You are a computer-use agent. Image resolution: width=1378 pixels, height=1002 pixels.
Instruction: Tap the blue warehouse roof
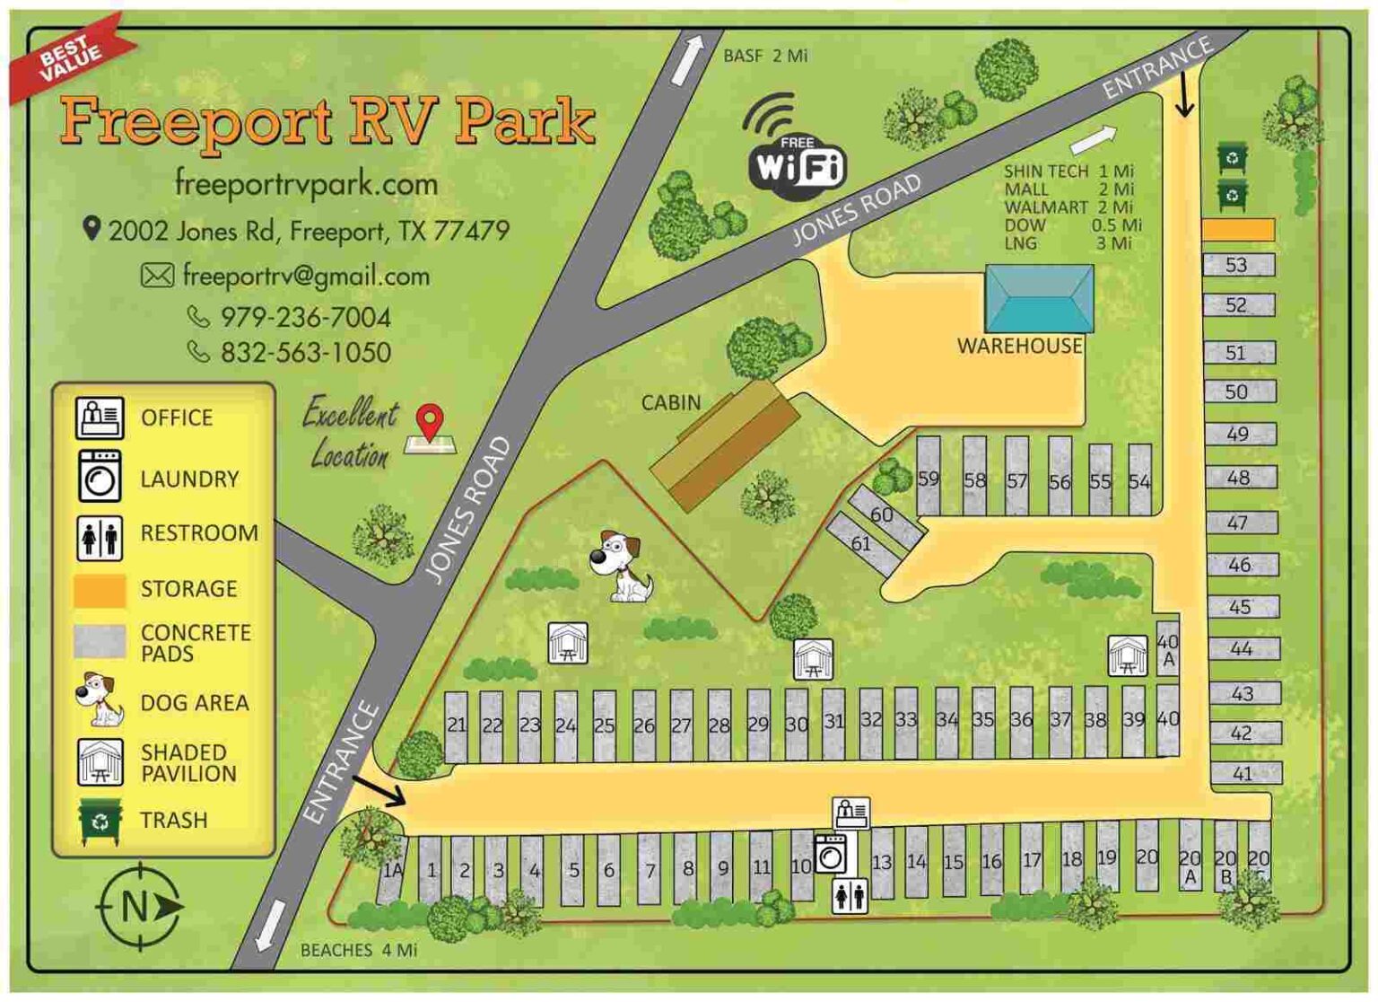click(x=1039, y=298)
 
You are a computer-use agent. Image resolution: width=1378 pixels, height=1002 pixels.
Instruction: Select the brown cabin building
click(x=725, y=445)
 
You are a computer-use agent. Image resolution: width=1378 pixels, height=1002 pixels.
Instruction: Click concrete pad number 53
click(x=1238, y=265)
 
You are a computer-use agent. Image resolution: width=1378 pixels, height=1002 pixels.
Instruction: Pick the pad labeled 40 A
click(x=1167, y=649)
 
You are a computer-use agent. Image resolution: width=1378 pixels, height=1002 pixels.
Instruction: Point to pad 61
click(x=862, y=544)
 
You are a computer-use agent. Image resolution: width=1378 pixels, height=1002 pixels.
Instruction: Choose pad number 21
click(x=457, y=725)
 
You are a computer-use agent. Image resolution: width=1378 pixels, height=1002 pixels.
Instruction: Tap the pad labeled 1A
click(x=392, y=869)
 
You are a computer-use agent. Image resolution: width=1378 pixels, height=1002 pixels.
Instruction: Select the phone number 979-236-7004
click(x=305, y=317)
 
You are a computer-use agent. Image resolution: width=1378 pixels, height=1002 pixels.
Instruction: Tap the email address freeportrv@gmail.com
click(x=305, y=276)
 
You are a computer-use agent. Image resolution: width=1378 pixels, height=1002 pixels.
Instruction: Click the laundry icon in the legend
click(x=99, y=476)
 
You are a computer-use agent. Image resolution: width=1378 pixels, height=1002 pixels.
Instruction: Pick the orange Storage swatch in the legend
click(x=99, y=590)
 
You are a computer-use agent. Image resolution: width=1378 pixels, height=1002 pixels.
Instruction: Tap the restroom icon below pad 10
click(x=849, y=895)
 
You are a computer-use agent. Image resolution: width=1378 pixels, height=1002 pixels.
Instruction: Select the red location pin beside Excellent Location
click(x=431, y=422)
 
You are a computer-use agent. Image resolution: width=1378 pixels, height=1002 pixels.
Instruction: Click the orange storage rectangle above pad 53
click(x=1238, y=230)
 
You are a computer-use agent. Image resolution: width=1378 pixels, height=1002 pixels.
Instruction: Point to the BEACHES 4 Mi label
click(x=358, y=950)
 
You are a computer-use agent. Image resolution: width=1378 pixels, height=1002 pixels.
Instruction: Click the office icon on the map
click(x=850, y=813)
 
